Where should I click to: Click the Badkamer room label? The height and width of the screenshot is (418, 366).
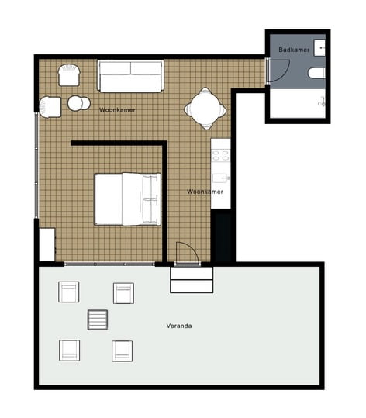(294, 50)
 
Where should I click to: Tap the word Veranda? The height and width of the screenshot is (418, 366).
(179, 326)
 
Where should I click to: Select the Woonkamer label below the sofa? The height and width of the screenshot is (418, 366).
(117, 109)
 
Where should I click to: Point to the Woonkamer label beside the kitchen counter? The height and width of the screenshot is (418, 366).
(205, 192)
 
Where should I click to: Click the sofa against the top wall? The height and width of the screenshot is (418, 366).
(130, 76)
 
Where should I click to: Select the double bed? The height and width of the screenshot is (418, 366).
(128, 199)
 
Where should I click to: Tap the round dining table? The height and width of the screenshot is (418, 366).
(205, 109)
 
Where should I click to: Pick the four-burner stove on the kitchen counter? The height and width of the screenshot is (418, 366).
(220, 156)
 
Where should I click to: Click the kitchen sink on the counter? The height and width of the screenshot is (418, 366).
(220, 178)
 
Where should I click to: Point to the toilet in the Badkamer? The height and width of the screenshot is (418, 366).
(316, 74)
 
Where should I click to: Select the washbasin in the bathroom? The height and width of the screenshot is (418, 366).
(319, 48)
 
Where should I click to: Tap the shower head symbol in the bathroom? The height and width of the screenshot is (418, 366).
(322, 102)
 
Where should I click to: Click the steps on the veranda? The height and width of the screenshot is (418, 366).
(192, 280)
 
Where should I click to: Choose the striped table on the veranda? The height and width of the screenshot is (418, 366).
(98, 320)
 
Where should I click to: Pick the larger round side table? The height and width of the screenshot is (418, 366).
(75, 103)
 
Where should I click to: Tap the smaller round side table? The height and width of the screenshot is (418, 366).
(86, 103)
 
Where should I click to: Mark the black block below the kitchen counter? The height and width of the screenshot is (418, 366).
(221, 236)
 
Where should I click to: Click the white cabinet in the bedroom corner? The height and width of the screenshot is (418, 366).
(47, 245)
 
